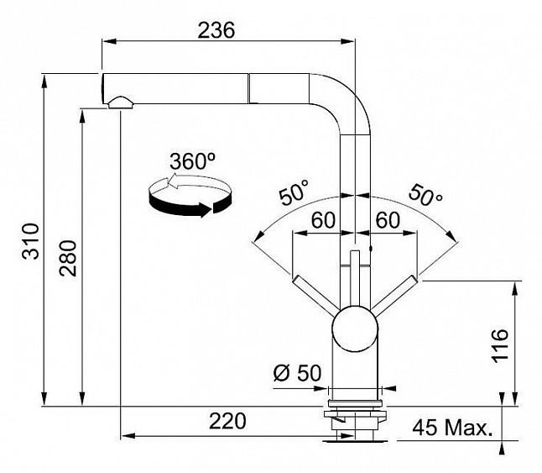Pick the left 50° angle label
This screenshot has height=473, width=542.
(x=294, y=194)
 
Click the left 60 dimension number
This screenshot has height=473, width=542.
(x=324, y=220)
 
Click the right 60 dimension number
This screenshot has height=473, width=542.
(x=386, y=220)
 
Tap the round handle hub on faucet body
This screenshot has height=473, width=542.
(x=356, y=330)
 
